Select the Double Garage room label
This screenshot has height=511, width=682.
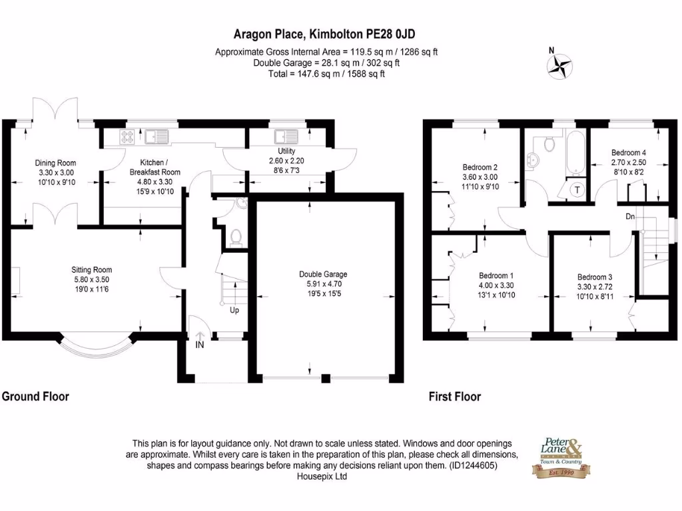(323, 274)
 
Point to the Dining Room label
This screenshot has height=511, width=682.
(55, 163)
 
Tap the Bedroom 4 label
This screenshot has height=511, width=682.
(629, 152)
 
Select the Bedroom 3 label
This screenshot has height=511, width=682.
(595, 277)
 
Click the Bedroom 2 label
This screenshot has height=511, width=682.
(480, 167)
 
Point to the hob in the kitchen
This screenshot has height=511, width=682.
(127, 136)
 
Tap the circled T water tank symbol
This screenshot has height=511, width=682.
(577, 190)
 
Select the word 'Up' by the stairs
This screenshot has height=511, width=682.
(234, 310)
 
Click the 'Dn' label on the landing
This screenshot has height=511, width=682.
(629, 216)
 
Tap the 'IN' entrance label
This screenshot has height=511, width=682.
(200, 344)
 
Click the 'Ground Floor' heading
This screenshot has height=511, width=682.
(36, 397)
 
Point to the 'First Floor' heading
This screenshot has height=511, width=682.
(455, 397)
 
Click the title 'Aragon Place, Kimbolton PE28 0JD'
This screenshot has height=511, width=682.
(326, 35)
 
